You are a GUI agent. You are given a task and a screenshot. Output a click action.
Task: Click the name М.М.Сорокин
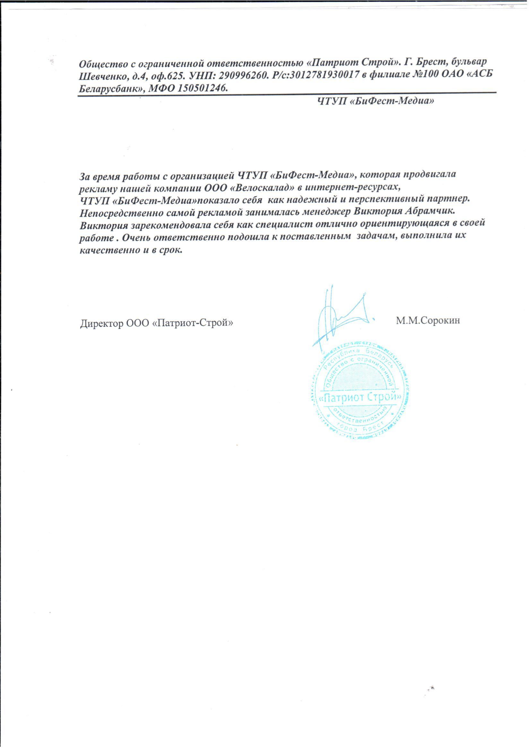click(427, 320)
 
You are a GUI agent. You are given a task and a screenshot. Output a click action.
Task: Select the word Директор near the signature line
click(101, 323)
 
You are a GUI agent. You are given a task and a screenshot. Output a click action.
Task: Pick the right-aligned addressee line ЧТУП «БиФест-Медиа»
click(375, 101)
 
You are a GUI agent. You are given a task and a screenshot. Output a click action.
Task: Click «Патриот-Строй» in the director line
click(193, 323)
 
